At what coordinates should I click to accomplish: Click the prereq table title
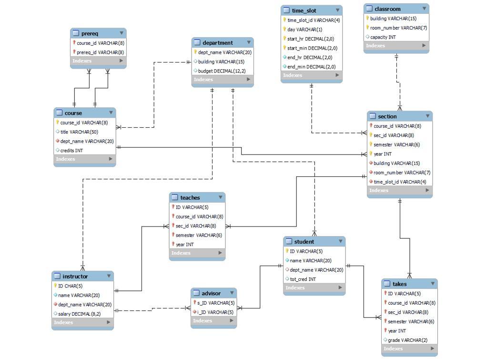click(x=90, y=33)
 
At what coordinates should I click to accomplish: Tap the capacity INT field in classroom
click(x=383, y=37)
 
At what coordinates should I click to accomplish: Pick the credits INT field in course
click(x=71, y=150)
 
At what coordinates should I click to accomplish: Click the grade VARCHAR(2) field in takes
click(x=407, y=340)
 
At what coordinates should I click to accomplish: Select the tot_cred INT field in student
click(x=303, y=279)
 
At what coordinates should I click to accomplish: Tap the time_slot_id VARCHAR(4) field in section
click(x=400, y=182)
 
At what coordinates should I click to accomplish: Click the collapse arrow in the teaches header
click(x=221, y=197)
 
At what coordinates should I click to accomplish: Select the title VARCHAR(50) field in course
click(x=79, y=132)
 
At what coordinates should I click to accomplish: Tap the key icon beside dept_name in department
click(x=195, y=52)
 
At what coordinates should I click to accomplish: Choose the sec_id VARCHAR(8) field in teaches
click(x=195, y=226)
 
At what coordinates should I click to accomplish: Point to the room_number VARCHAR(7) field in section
click(x=402, y=173)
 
